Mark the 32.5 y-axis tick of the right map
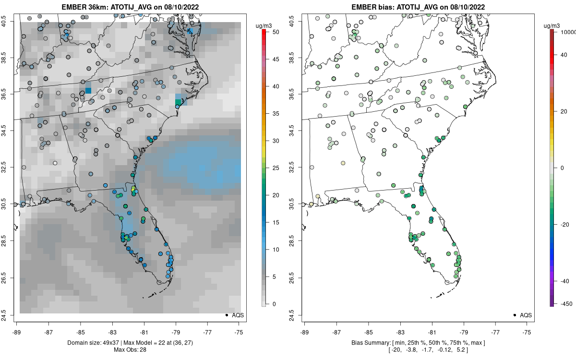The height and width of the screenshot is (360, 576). pos(297,168)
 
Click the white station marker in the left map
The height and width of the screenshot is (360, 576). pos(55,163)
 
